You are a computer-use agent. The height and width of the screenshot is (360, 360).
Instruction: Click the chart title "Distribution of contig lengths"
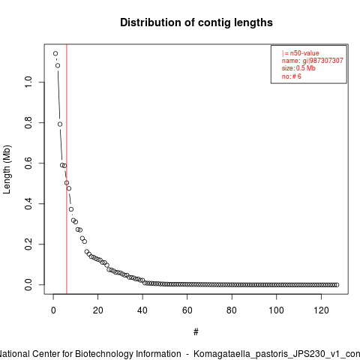(x=196, y=22)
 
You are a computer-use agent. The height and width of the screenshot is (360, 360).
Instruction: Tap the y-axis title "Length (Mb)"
(x=7, y=169)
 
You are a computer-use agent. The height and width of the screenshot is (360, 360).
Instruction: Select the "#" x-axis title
(x=196, y=332)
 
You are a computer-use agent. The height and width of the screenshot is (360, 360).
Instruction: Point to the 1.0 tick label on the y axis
(x=28, y=82)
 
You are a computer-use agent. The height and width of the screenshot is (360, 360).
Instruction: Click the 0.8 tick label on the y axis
(x=28, y=122)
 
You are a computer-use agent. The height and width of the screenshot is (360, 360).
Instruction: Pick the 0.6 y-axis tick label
(x=28, y=163)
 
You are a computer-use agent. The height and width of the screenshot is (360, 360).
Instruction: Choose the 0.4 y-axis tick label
(x=28, y=203)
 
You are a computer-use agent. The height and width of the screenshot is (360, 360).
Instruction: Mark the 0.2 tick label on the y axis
(x=28, y=244)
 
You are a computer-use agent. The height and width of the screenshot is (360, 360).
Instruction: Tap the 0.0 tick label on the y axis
(x=28, y=284)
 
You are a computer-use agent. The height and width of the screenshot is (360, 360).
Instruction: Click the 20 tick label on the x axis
(x=97, y=310)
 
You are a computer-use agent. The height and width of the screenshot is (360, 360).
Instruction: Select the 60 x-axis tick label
(x=187, y=310)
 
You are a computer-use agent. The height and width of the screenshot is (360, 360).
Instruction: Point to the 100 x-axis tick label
(x=276, y=310)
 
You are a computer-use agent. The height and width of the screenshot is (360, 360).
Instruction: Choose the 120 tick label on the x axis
(x=321, y=310)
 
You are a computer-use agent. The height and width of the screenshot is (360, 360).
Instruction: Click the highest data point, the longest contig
(x=55, y=53)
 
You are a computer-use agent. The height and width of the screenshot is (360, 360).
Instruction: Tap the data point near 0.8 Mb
(x=60, y=124)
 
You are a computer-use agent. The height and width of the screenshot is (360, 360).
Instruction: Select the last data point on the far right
(x=337, y=285)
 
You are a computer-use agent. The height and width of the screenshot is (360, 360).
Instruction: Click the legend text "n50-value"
(x=304, y=53)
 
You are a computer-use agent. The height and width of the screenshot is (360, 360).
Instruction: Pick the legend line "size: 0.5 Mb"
(x=298, y=68)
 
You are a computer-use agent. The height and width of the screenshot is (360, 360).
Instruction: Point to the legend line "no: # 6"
(x=292, y=76)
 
